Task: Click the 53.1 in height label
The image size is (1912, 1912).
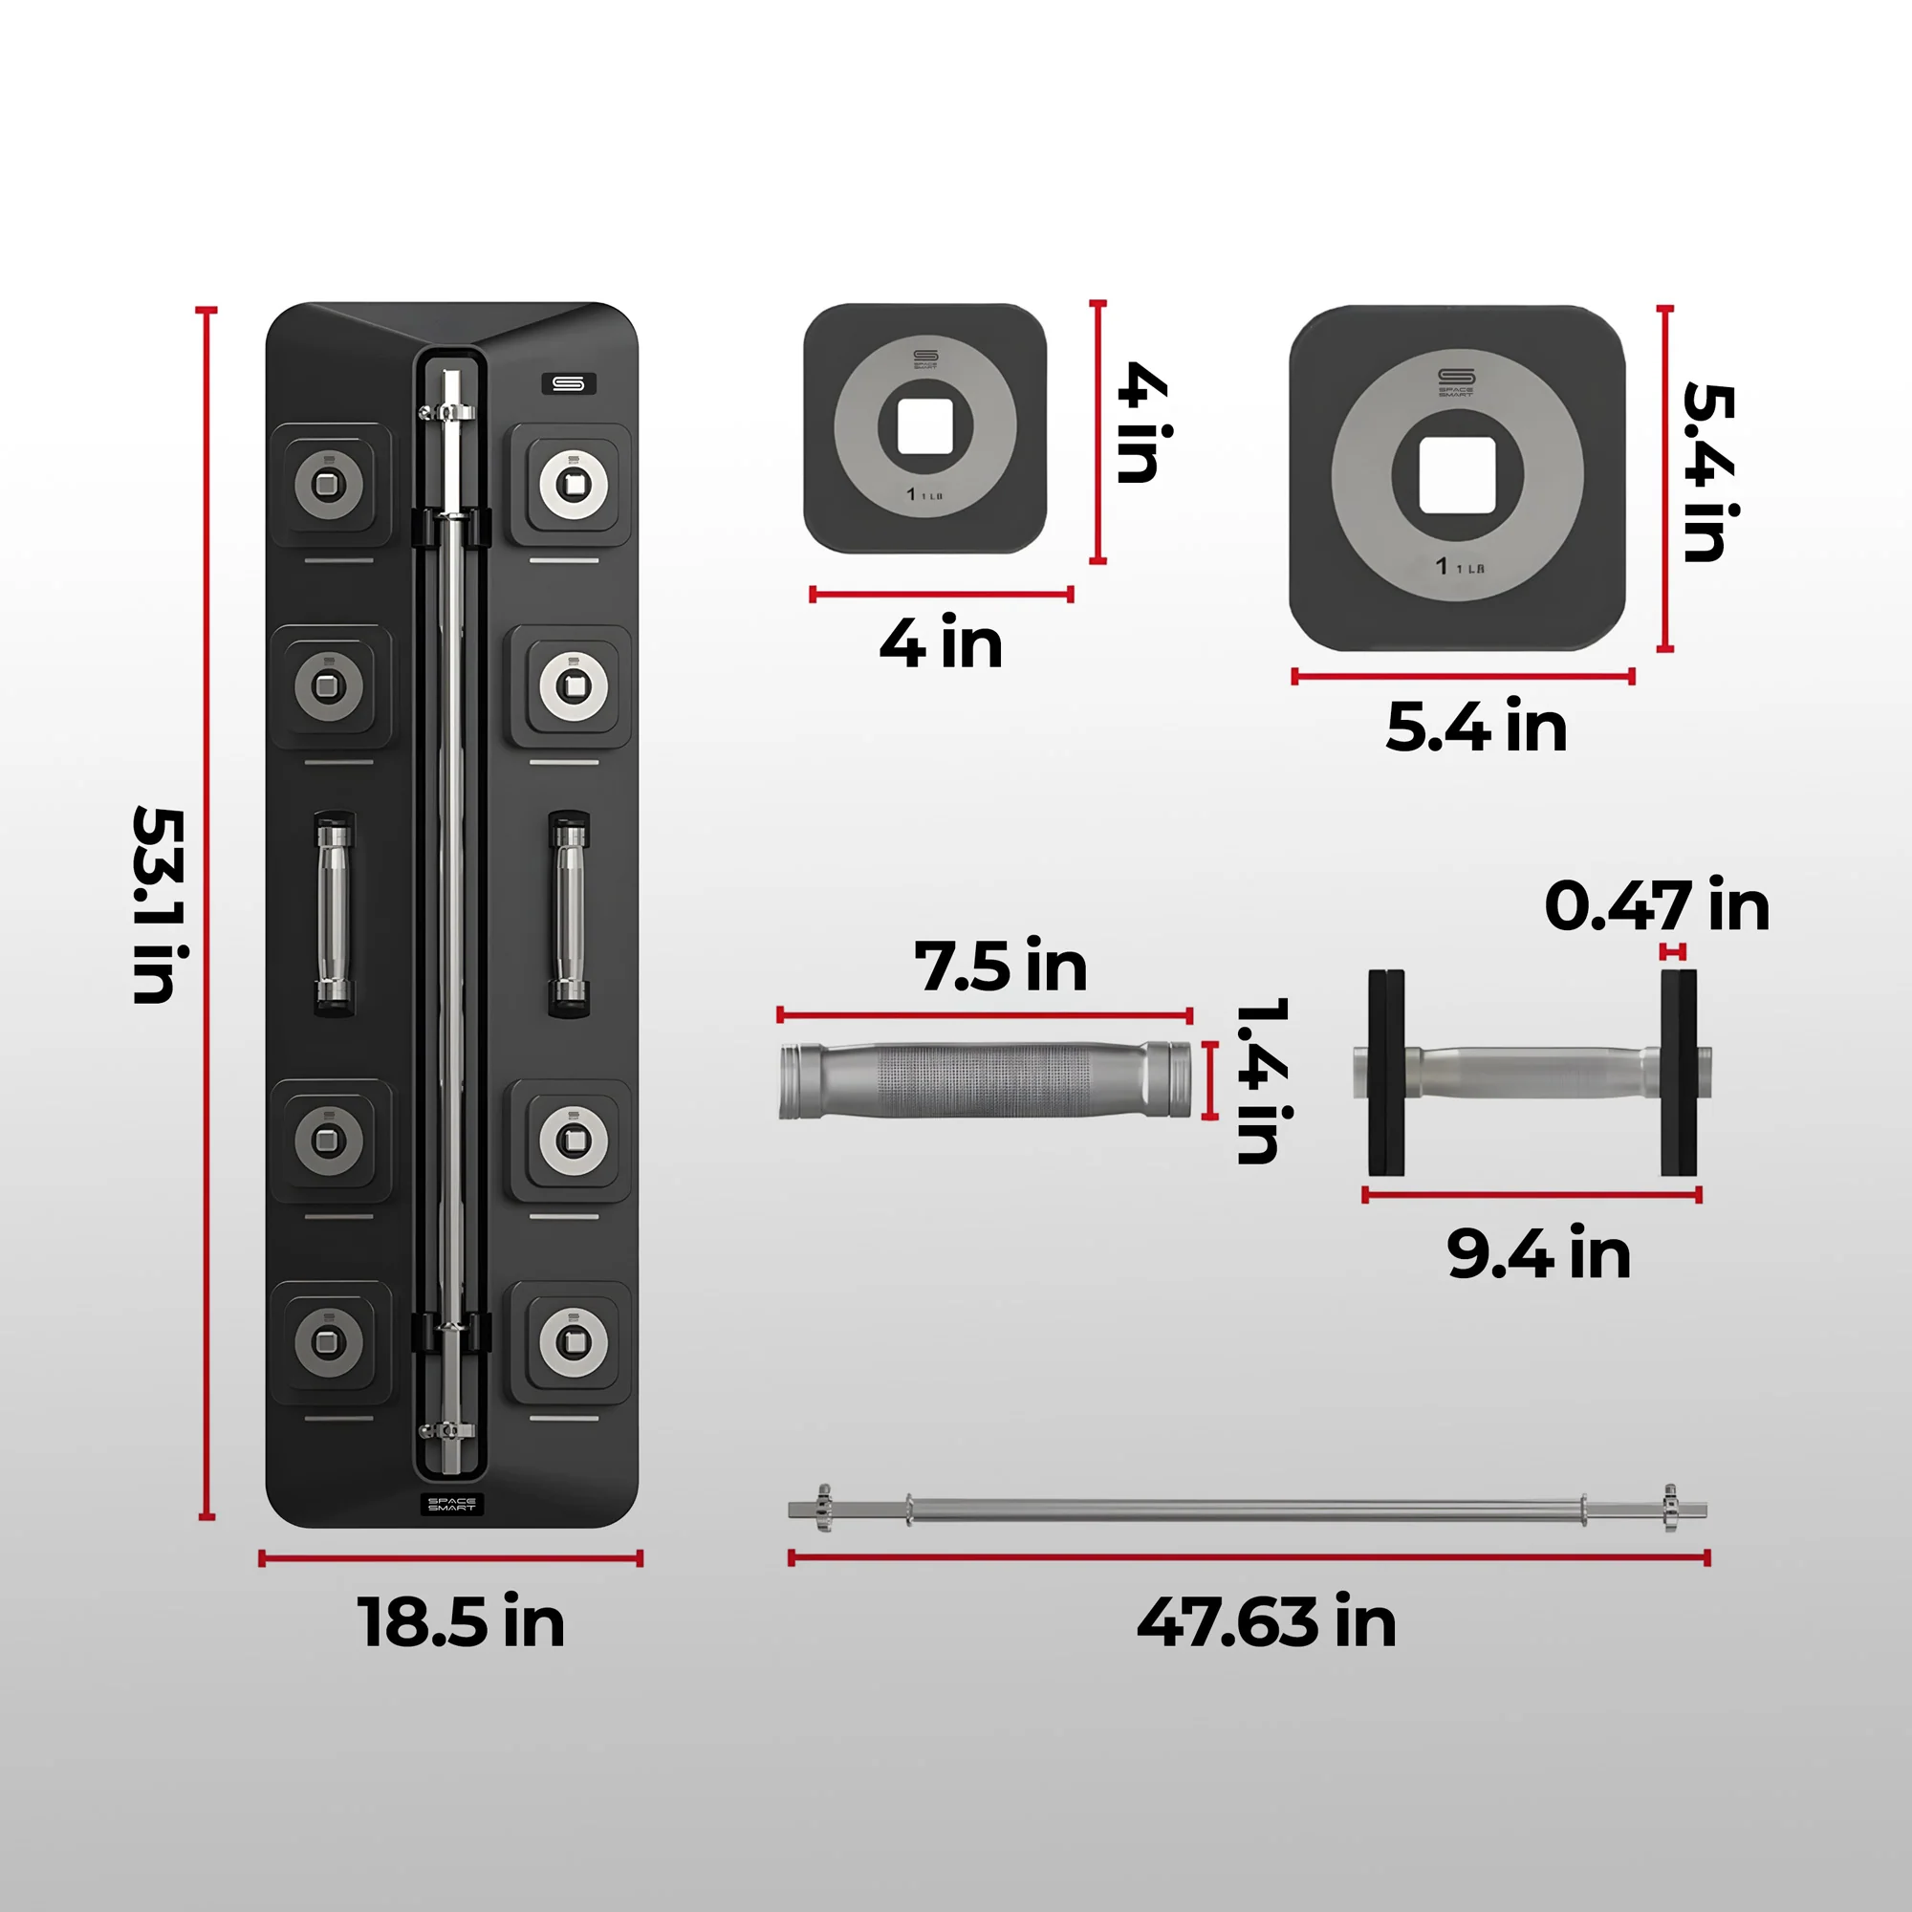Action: point(159,905)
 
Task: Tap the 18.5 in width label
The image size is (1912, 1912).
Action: point(461,1623)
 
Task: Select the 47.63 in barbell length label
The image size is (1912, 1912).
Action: point(1266,1623)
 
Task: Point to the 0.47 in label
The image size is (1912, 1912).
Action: point(1656,905)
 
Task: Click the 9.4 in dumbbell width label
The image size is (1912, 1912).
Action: point(1538,1254)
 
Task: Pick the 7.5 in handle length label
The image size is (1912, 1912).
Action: point(1000,966)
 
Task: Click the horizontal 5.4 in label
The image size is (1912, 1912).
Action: point(1475,727)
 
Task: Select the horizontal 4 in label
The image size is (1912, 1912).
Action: point(940,643)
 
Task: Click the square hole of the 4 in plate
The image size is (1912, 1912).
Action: point(924,426)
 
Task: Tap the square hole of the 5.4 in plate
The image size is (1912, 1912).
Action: point(1457,475)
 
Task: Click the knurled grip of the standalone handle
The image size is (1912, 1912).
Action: point(985,1079)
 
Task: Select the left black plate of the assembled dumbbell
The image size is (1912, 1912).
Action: point(1385,1073)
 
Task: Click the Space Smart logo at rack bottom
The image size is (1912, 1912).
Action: point(451,1504)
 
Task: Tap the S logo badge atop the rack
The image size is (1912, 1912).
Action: point(568,383)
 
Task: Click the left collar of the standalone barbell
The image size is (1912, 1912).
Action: point(822,1509)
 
